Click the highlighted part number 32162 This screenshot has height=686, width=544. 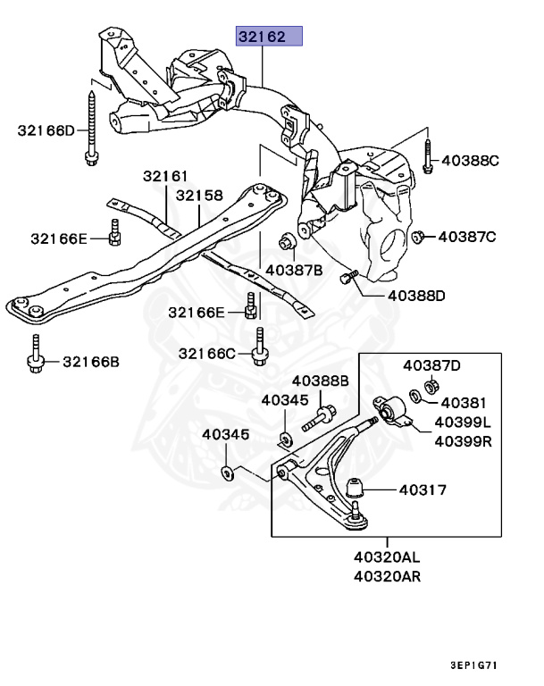tap(269, 38)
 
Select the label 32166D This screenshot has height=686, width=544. tap(46, 130)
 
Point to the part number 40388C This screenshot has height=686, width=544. tap(470, 162)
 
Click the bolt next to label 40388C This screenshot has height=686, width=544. tap(427, 156)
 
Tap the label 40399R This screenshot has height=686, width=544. tap(463, 440)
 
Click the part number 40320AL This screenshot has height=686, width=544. tap(386, 557)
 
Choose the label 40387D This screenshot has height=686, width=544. tap(431, 364)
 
